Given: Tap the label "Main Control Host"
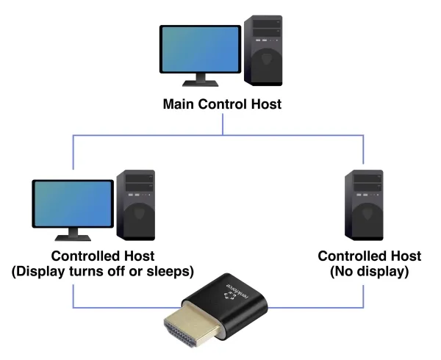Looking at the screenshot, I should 222,104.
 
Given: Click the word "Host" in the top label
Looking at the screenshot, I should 266,104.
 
